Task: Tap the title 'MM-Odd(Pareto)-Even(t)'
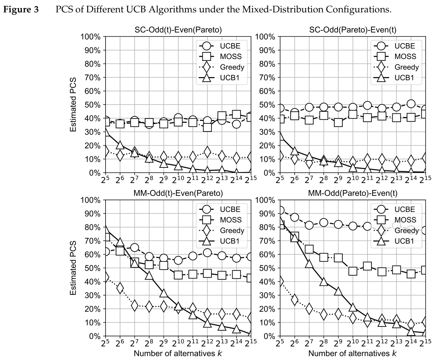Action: tap(353, 193)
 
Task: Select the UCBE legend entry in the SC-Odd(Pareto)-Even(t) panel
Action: tap(405, 46)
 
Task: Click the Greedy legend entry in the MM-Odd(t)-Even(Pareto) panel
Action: tap(232, 231)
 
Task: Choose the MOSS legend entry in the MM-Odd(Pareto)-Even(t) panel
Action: tap(405, 220)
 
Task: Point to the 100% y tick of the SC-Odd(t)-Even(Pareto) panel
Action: tap(91, 37)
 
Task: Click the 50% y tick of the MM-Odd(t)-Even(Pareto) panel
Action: tap(93, 268)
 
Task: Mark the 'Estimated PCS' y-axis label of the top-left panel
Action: tap(73, 105)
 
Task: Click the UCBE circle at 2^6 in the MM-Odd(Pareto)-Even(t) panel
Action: tap(294, 217)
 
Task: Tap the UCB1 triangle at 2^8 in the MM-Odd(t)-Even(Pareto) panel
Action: tap(149, 276)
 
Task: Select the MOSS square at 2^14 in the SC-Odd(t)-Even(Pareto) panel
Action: tap(237, 114)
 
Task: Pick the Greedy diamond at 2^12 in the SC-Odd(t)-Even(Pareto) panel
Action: tap(207, 152)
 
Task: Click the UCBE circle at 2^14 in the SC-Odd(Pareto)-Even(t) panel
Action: tap(411, 104)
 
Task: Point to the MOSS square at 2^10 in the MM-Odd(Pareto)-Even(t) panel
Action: tap(353, 271)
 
